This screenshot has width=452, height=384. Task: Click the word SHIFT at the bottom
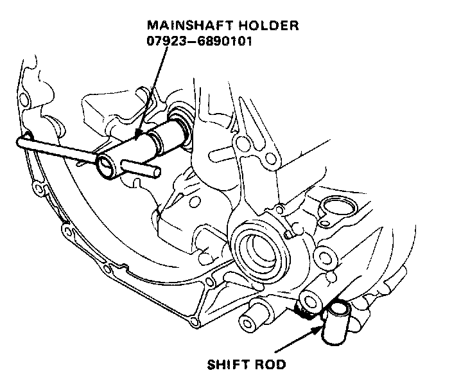tap(228, 365)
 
